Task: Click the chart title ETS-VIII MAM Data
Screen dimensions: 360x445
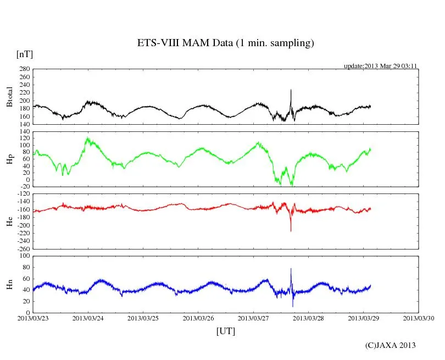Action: tap(225, 43)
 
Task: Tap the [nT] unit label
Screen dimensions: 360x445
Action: tap(24, 54)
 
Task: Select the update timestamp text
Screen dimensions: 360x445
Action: tap(381, 66)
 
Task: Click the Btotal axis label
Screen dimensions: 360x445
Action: tap(9, 97)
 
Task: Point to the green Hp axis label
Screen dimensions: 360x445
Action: tap(9, 159)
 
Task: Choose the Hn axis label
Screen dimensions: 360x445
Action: tap(9, 284)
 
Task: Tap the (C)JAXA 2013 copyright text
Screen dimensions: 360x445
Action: tap(391, 345)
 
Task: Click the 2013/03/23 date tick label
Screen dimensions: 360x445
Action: tap(32, 318)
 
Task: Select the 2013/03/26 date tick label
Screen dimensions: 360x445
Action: tap(198, 318)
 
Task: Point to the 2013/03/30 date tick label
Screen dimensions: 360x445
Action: tap(419, 318)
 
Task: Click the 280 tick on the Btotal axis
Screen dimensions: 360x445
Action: tap(24, 69)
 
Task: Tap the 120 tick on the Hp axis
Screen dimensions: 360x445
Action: tap(24, 139)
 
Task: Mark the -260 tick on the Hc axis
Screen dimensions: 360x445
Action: tap(22, 248)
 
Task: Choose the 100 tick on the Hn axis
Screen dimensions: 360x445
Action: tap(24, 256)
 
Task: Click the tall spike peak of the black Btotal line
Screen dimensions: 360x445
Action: tap(291, 90)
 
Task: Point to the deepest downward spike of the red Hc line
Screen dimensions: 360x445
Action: tap(291, 231)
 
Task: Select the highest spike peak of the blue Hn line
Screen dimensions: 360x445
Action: tap(291, 269)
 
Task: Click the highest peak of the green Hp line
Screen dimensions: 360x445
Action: tap(87, 139)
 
